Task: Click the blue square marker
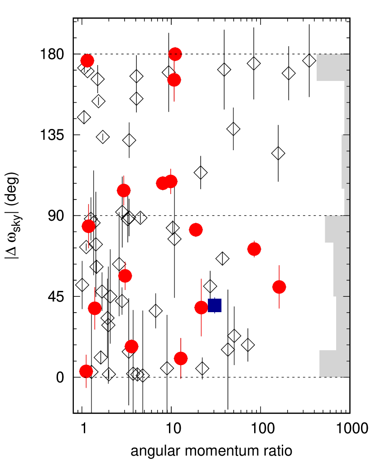(215, 305)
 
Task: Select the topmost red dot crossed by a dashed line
(175, 54)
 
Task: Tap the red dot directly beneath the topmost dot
(174, 80)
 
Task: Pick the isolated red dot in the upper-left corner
(87, 61)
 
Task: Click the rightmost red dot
(279, 287)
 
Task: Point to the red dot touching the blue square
(201, 308)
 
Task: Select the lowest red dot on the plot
(86, 371)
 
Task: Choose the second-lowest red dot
(181, 359)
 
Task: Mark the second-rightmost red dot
(254, 249)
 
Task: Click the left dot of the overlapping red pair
(162, 183)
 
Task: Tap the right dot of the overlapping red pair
(171, 181)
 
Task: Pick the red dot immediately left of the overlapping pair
(124, 190)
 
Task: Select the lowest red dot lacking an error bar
(131, 347)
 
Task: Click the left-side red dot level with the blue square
(95, 309)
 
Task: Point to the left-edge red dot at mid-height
(88, 226)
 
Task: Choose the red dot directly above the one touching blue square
(196, 230)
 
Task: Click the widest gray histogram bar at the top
(333, 67)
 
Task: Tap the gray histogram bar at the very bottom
(334, 363)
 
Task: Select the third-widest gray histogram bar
(337, 229)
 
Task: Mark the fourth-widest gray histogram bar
(341, 270)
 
